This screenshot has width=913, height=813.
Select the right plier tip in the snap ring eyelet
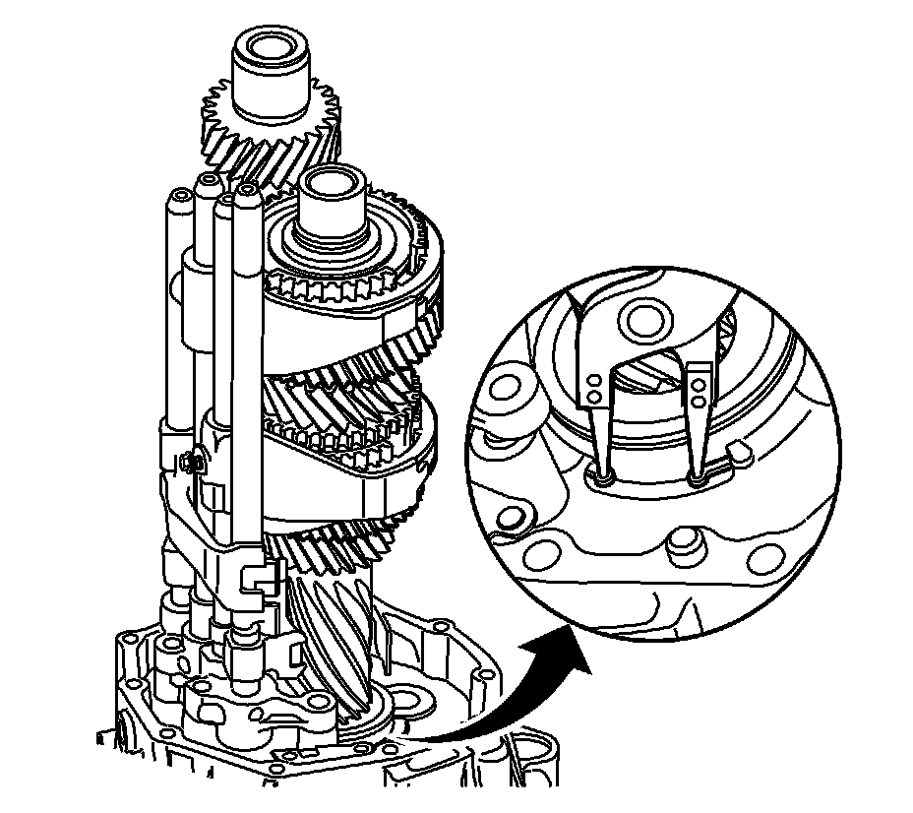(700, 480)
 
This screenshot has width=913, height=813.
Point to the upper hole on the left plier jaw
(593, 378)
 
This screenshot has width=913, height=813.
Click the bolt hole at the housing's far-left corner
(125, 650)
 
